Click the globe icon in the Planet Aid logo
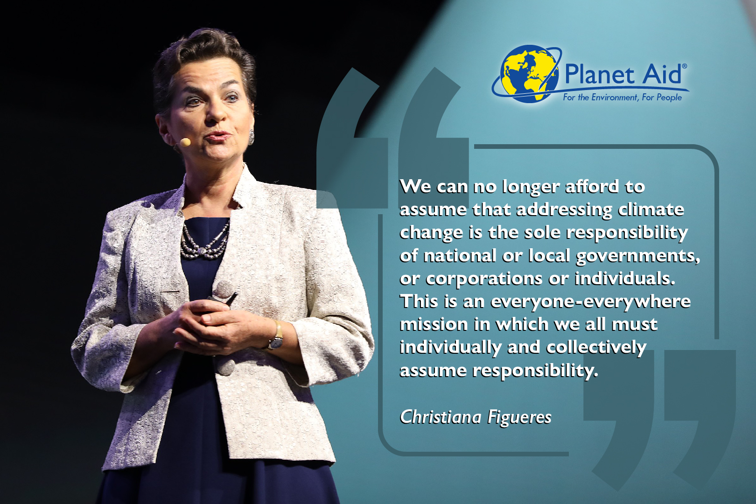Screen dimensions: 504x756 (x=529, y=74)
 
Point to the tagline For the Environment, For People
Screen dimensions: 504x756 (x=622, y=98)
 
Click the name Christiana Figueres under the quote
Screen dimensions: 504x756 (x=476, y=417)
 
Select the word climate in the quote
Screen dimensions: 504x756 (x=651, y=210)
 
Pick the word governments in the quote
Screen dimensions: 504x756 (x=637, y=256)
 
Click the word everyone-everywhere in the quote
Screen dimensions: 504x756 (x=590, y=301)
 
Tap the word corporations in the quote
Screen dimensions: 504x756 (x=484, y=279)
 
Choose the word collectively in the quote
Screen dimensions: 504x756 (x=596, y=348)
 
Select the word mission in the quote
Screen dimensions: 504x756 (x=434, y=324)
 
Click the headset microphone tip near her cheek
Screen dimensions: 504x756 (x=185, y=142)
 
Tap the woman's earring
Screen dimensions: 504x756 (x=251, y=137)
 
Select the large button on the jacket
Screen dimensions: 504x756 (x=225, y=366)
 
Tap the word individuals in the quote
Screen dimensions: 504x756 (x=624, y=279)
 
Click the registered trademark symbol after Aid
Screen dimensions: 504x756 (x=684, y=67)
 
